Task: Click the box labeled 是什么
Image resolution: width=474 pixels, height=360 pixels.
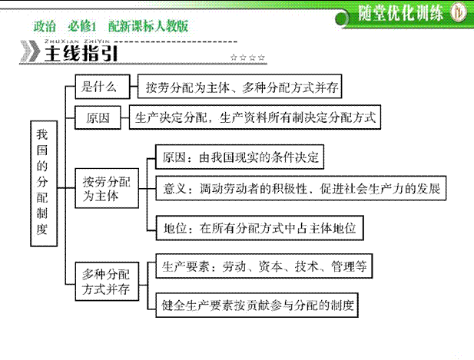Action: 102,87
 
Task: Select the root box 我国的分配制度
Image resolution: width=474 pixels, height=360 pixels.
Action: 44,183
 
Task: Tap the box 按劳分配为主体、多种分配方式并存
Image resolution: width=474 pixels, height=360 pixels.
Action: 240,87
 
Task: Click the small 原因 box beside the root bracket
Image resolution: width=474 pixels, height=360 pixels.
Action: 98,117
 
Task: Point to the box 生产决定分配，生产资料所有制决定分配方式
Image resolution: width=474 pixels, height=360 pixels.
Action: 255,117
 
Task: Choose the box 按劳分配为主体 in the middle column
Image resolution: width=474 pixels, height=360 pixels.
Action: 107,188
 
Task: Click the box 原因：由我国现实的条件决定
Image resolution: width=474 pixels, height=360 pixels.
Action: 240,157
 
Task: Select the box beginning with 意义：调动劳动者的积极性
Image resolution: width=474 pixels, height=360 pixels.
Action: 301,188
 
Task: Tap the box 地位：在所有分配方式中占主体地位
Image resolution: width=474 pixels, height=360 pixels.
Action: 260,228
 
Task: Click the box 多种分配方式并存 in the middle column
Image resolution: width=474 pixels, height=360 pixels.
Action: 107,282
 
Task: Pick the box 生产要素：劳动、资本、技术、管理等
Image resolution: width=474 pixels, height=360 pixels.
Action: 264,266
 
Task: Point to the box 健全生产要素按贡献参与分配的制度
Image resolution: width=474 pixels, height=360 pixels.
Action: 257,305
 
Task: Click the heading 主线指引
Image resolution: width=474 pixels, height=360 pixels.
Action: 81,54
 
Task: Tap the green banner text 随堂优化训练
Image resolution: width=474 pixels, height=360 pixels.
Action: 400,13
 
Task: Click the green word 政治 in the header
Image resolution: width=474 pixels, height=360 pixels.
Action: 45,26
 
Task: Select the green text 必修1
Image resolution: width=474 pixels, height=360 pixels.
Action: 82,26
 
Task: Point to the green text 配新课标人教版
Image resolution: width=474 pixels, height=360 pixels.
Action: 148,26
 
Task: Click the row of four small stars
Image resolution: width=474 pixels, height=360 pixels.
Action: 247,57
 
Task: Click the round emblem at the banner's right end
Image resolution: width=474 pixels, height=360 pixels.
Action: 459,12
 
